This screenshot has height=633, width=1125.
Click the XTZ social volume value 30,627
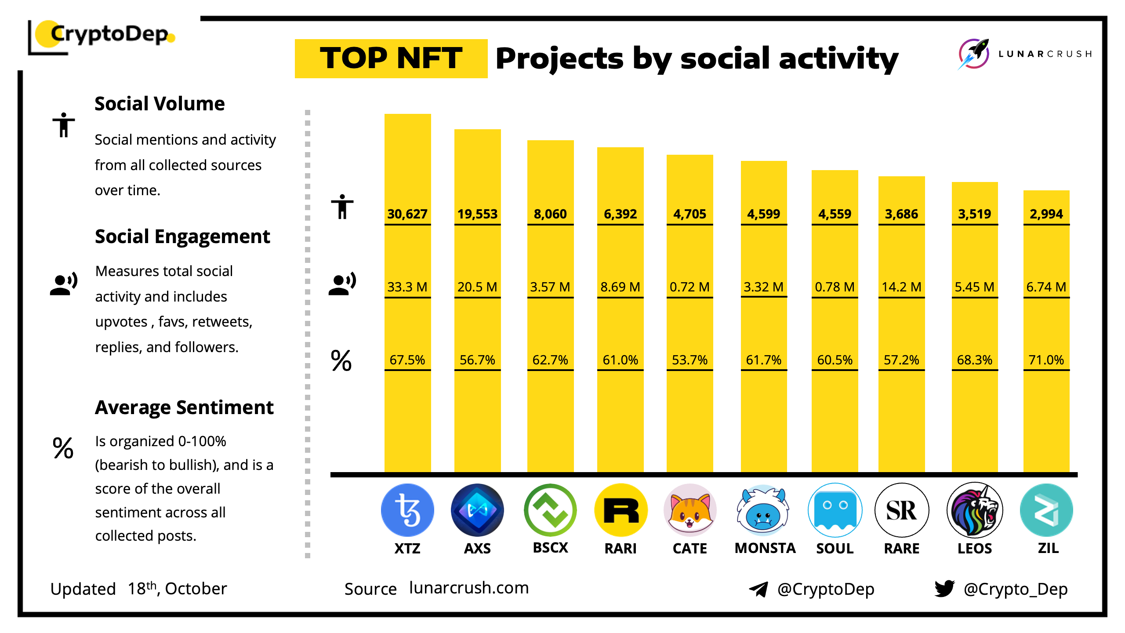[x=407, y=214]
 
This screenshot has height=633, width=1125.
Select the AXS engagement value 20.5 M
[x=477, y=287]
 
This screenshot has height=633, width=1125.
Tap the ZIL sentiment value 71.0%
[x=1046, y=360]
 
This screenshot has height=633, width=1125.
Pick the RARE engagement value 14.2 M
[x=901, y=287]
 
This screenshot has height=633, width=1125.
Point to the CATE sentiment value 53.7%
[x=690, y=360]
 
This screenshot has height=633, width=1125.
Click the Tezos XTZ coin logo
[x=407, y=510]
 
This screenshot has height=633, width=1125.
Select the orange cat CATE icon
[x=690, y=510]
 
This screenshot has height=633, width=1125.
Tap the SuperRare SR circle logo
[x=901, y=510]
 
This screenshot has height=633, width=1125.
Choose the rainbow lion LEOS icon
[x=974, y=510]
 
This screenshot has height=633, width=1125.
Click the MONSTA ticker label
[x=765, y=548]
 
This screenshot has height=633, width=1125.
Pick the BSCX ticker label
[x=550, y=548]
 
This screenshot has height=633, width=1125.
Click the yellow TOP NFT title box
[x=391, y=58]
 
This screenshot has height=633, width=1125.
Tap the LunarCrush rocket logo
[x=974, y=54]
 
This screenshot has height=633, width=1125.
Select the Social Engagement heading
[x=182, y=236]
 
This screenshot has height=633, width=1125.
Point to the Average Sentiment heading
[x=184, y=407]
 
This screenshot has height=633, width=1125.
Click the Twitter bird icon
[x=944, y=588]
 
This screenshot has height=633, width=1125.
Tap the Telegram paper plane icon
[x=758, y=589]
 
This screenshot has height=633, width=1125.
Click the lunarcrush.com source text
[x=469, y=588]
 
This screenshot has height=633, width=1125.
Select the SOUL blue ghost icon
[x=835, y=510]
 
